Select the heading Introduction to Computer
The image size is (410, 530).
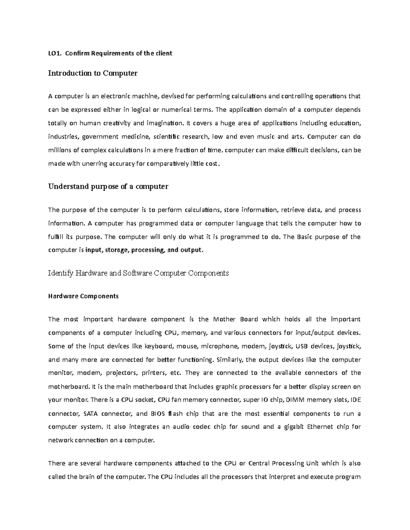(x=93, y=73)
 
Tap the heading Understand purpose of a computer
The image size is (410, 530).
(x=108, y=187)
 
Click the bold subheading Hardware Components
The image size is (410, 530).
(x=83, y=296)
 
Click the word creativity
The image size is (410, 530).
(x=114, y=123)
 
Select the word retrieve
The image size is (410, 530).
(x=294, y=210)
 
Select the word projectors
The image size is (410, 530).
(x=120, y=373)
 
